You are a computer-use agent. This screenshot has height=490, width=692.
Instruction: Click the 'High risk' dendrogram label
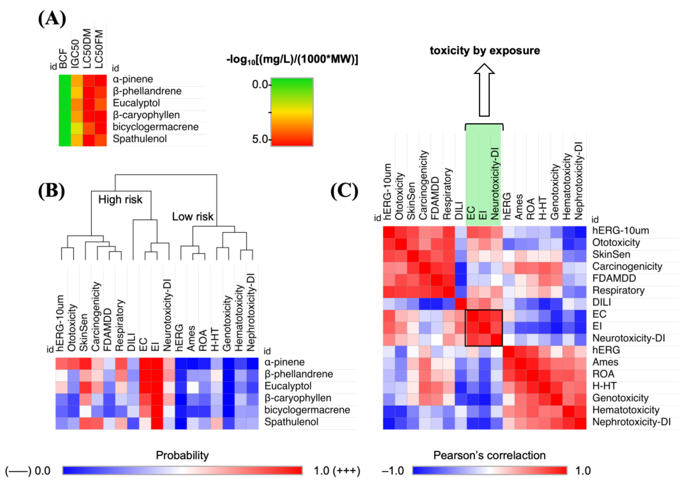coord(120,200)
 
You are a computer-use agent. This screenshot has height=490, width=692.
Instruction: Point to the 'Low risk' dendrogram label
coord(192,217)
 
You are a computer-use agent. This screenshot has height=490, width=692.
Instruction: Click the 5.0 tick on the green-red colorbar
coord(260,139)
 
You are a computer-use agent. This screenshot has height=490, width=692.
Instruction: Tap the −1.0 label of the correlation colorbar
coord(393,471)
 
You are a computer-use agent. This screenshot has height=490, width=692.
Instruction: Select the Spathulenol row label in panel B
coord(291,422)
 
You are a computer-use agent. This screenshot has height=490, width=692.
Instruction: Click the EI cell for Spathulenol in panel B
coord(157,423)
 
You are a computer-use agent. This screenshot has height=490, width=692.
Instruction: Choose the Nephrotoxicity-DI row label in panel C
coord(631,422)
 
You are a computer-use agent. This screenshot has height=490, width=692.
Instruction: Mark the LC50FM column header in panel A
coord(100,48)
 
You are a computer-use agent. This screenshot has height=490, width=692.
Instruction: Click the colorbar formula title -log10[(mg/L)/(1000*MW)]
coord(292,60)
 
